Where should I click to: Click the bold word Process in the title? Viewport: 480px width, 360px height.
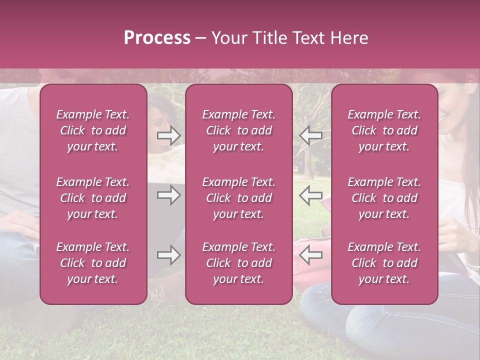point(157,38)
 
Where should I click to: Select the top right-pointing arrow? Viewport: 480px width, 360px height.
point(168,135)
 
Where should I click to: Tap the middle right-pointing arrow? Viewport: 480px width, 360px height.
point(168,195)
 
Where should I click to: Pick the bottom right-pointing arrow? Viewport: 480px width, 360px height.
point(168,255)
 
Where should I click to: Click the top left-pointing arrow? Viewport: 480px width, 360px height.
point(310,135)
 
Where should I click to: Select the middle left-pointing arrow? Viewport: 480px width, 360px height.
point(310,195)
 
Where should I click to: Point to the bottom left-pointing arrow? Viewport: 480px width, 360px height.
point(310,255)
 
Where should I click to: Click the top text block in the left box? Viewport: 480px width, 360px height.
point(93,130)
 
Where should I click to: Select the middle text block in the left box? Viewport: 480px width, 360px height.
point(93,198)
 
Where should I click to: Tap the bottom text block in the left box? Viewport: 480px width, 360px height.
point(93,263)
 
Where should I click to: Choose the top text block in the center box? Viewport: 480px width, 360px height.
point(238,130)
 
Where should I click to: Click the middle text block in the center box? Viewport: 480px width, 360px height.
point(238,198)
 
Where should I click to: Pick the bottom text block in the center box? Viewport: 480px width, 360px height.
point(238,263)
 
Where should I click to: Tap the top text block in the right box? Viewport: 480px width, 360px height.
point(384,130)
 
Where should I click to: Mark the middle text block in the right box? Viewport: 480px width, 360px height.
point(384,198)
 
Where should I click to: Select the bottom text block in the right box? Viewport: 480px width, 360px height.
point(384,263)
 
